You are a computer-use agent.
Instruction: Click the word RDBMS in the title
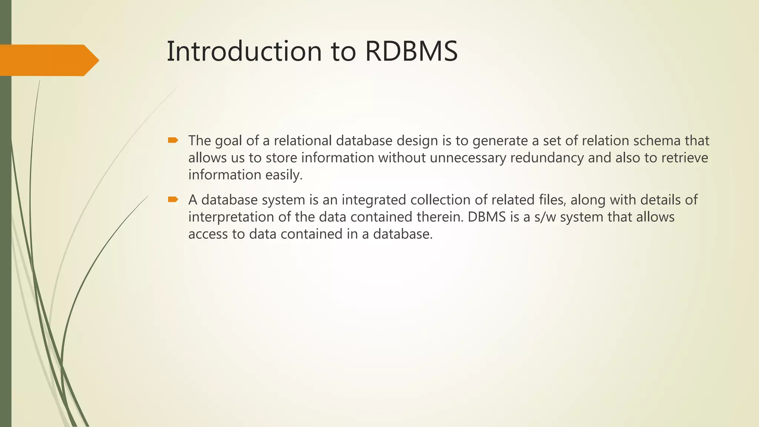[411, 51]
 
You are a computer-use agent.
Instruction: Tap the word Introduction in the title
[244, 51]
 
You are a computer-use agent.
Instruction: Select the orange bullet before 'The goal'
[173, 140]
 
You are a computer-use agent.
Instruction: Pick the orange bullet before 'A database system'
[173, 199]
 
